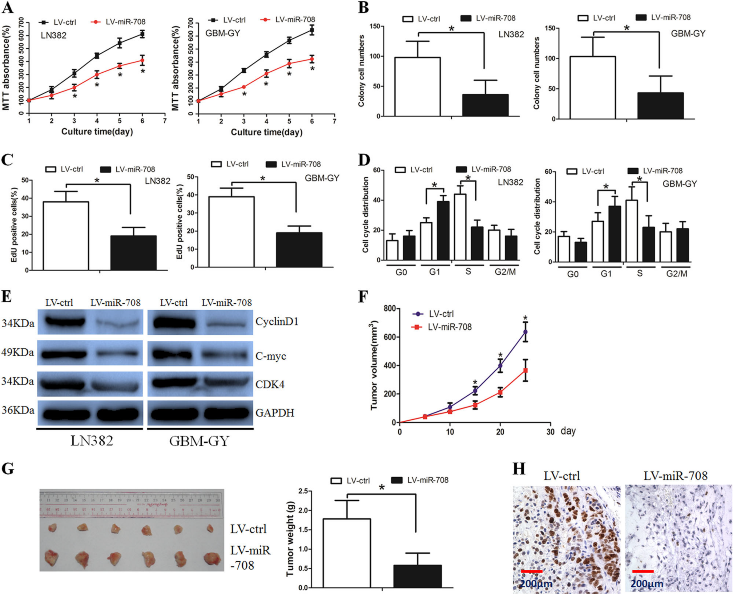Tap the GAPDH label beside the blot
click(x=275, y=413)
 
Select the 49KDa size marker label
click(x=18, y=352)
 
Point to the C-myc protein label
click(x=271, y=356)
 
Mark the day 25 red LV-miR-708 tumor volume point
click(x=525, y=370)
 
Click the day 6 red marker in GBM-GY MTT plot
click(x=312, y=59)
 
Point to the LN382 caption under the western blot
click(x=92, y=441)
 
